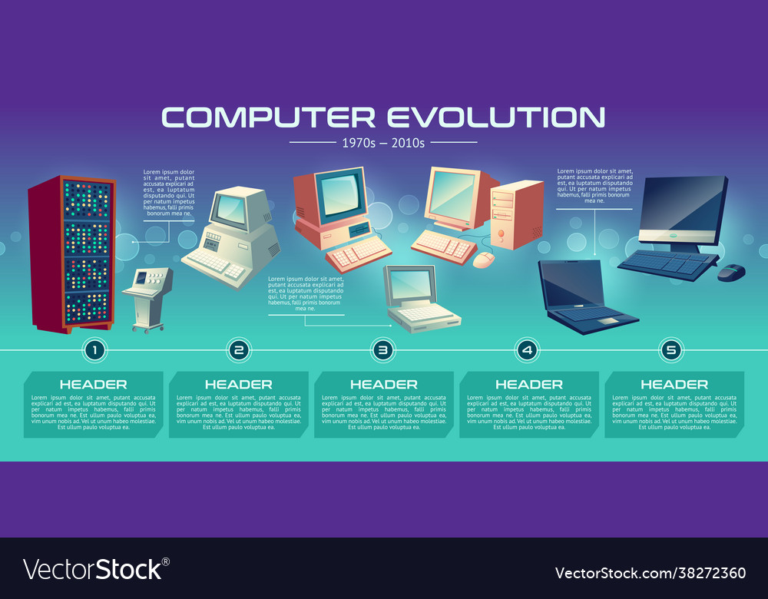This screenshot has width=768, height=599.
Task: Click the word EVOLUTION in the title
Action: tap(495, 117)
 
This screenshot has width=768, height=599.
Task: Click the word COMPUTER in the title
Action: tap(268, 117)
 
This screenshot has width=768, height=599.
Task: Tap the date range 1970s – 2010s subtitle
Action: tap(383, 142)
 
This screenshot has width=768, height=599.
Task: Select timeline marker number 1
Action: tap(94, 350)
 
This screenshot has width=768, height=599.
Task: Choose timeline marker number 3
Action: tap(382, 350)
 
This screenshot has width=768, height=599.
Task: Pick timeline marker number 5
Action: tap(672, 350)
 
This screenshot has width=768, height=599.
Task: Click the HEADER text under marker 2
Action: tap(238, 384)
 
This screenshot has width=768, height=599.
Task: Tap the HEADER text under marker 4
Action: tap(528, 384)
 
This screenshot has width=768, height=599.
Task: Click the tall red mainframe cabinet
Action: tap(71, 253)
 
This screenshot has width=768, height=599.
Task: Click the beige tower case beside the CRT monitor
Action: tap(516, 213)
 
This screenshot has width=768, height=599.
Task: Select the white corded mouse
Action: tap(484, 260)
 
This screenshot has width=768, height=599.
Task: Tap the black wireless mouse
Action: tap(731, 271)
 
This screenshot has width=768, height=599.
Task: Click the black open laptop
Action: tap(580, 296)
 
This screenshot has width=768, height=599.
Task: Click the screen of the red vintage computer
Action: tap(339, 194)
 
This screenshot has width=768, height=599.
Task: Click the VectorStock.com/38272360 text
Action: tap(650, 573)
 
